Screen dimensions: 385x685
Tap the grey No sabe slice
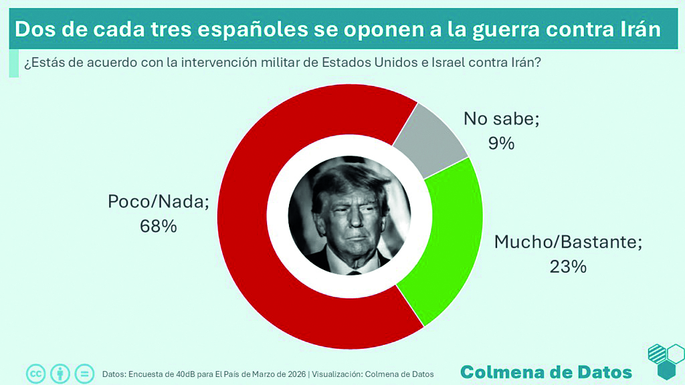[431, 134]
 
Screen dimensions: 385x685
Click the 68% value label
[158, 227]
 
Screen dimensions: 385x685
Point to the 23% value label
[568, 267]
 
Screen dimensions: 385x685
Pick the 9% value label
[501, 142]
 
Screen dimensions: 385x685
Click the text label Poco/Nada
[158, 202]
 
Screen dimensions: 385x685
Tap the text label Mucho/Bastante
[568, 242]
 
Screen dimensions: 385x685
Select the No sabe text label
[501, 119]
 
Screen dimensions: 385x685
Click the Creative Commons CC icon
[35, 373]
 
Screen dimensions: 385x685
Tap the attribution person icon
[60, 373]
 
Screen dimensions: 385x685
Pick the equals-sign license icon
[84, 373]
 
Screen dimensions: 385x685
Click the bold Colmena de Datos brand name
[546, 372]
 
